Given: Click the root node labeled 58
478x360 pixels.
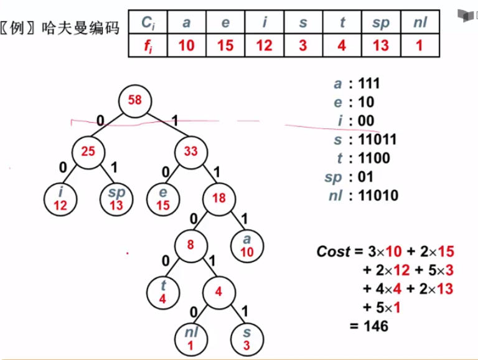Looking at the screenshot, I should [135, 101].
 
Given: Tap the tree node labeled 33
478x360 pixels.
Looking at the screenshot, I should [190, 150].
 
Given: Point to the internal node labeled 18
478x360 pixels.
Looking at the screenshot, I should [219, 199].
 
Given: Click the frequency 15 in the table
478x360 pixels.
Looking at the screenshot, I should [225, 46].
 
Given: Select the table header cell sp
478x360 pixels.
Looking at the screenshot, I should [380, 22].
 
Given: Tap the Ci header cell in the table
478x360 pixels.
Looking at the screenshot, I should [148, 22].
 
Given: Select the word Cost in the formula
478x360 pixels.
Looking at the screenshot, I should [334, 251].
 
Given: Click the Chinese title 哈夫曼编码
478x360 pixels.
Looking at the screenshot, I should [80, 28].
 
